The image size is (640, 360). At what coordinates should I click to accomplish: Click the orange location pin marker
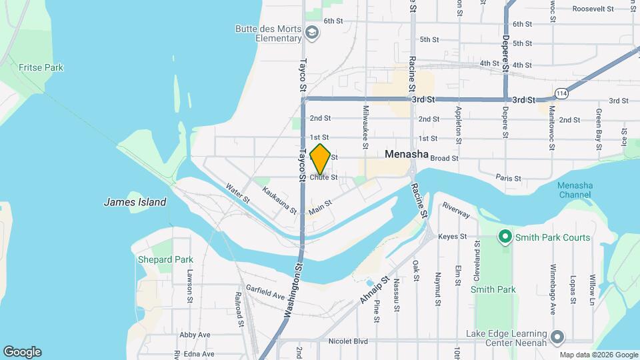pyautogui.click(x=321, y=159)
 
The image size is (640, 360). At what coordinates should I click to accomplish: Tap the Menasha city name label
pyautogui.click(x=407, y=154)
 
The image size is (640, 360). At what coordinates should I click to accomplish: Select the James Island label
pyautogui.click(x=135, y=202)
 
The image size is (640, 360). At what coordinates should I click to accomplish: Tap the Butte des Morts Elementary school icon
pyautogui.click(x=311, y=32)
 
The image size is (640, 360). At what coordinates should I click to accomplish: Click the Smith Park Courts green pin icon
pyautogui.click(x=505, y=237)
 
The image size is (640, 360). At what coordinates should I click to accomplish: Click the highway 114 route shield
pyautogui.click(x=561, y=94)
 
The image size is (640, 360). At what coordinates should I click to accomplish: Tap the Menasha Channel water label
pyautogui.click(x=575, y=190)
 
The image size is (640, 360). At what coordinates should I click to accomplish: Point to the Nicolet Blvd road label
pyautogui.click(x=348, y=341)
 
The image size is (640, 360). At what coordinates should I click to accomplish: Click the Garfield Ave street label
pyautogui.click(x=265, y=291)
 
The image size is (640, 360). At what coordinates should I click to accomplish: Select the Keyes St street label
pyautogui.click(x=453, y=237)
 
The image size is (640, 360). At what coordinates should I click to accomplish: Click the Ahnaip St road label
pyautogui.click(x=373, y=290)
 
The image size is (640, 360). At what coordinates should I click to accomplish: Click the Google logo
pyautogui.click(x=22, y=352)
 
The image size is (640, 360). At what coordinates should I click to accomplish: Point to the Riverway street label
pyautogui.click(x=457, y=211)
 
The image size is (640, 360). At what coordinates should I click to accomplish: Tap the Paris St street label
pyautogui.click(x=508, y=178)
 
